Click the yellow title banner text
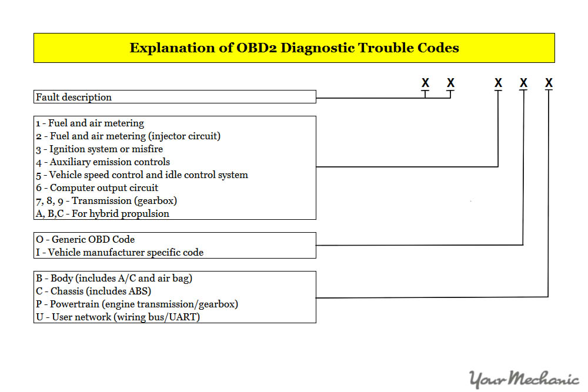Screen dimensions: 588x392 click(294, 48)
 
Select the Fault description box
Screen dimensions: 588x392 click(175, 97)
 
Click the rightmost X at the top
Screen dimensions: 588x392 click(549, 83)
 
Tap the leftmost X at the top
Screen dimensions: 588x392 click(425, 83)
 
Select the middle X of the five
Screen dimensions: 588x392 click(498, 83)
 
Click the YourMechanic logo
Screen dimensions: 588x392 click(524, 379)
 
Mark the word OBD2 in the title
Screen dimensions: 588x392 click(256, 48)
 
